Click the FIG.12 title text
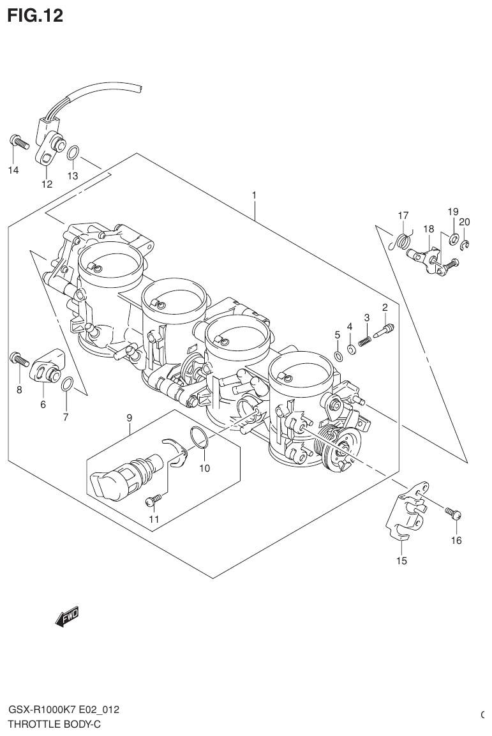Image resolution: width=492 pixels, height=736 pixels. pos(35,15)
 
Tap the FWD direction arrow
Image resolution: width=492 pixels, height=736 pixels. pos(66,617)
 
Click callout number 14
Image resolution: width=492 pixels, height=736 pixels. pos(13,170)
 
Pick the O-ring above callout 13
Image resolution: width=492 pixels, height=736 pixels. pos(73,153)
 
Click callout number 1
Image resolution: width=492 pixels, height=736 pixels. pos(254,194)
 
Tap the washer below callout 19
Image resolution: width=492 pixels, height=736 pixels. pos(453,239)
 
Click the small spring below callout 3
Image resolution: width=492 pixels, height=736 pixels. pos(366,341)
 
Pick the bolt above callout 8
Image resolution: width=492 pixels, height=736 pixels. pos(19,360)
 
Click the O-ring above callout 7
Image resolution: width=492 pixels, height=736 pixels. pos(67,384)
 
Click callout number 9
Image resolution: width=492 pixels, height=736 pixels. pos(129,418)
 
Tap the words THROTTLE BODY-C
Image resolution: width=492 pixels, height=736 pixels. pos(54,724)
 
